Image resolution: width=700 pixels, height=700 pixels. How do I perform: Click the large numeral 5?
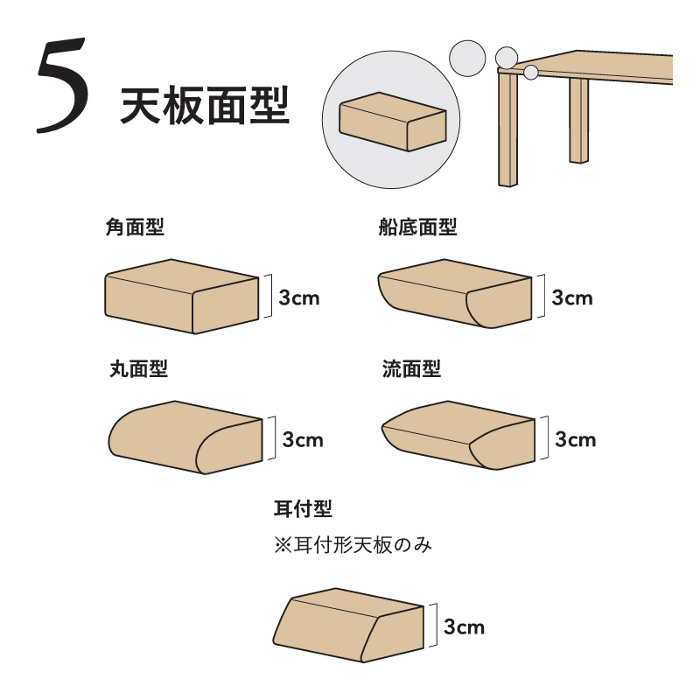(61, 85)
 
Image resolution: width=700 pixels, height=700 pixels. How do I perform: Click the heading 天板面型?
(205, 106)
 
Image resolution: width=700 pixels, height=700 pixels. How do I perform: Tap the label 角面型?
(135, 227)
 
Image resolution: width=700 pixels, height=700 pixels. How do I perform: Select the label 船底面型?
(417, 227)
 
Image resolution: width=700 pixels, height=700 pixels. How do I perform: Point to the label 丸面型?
(138, 369)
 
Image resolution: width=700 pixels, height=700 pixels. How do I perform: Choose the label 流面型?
(411, 369)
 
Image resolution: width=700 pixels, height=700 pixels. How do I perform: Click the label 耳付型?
(303, 508)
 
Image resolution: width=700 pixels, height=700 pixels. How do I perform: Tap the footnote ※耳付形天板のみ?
(353, 545)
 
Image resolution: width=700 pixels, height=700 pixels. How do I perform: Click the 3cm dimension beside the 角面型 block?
(299, 297)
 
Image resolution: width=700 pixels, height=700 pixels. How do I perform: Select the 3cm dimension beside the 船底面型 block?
(572, 297)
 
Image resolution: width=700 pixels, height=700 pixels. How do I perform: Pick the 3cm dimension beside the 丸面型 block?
(303, 440)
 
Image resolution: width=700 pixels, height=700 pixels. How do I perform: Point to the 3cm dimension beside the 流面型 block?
(576, 439)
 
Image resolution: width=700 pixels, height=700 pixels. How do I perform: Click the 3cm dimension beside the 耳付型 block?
(465, 626)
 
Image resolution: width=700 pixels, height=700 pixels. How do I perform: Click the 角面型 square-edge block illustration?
(182, 297)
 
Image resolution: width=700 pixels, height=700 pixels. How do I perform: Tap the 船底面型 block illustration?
(455, 294)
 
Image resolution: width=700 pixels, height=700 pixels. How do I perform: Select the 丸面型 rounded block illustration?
(185, 437)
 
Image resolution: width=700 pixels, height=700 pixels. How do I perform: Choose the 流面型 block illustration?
(458, 435)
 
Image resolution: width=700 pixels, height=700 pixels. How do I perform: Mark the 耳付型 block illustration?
(348, 625)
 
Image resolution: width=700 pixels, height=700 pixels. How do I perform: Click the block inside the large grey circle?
(393, 122)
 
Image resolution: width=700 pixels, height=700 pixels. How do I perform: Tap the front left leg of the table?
(508, 129)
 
